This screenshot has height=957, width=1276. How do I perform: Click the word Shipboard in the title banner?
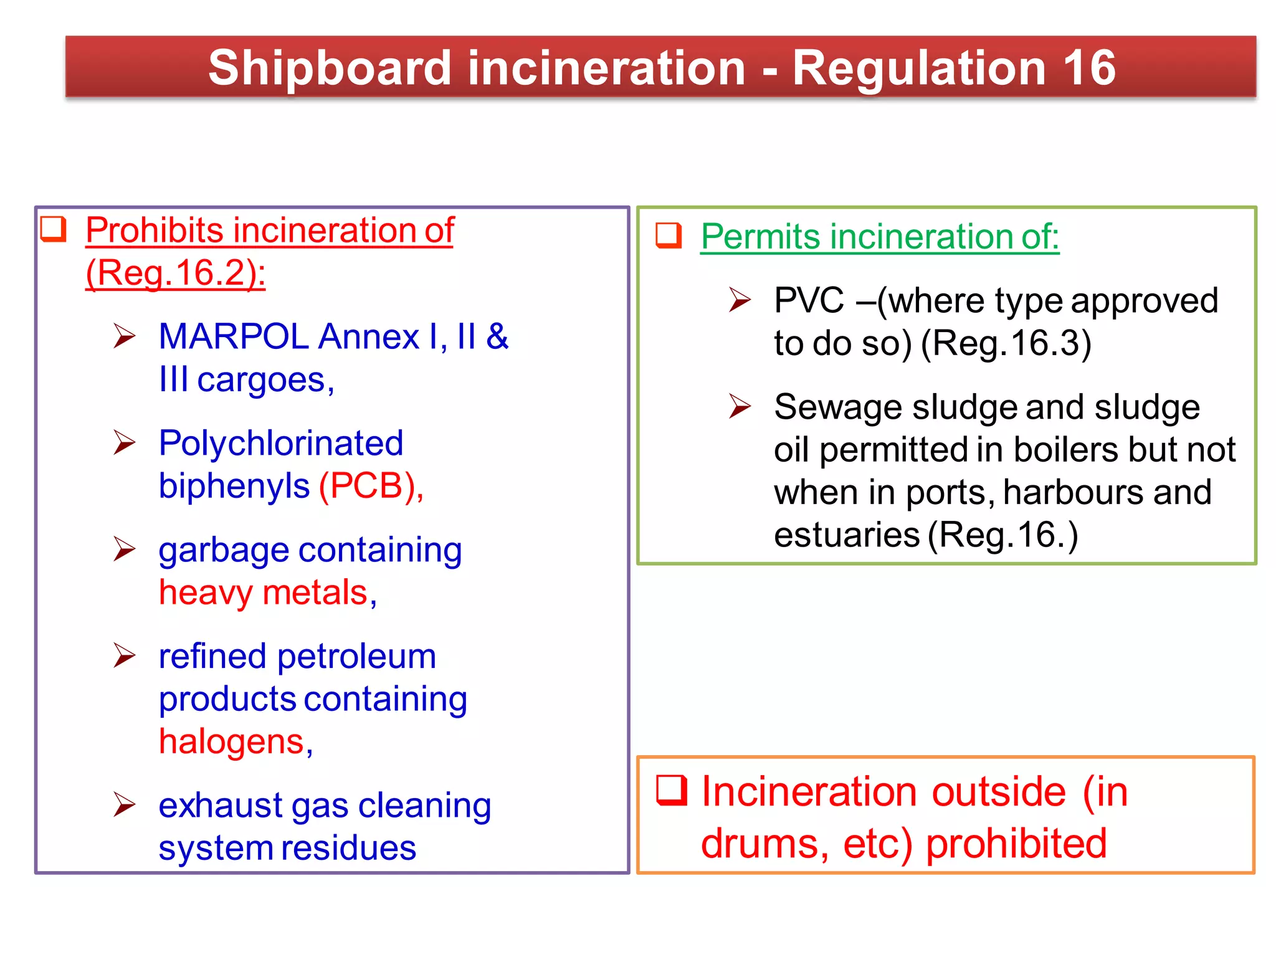pos(329,69)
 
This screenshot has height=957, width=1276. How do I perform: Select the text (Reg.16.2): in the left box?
pos(175,273)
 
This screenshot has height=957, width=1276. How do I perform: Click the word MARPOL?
pos(234,337)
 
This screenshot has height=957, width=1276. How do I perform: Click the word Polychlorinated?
pos(281,444)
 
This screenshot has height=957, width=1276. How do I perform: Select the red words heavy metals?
pos(268,593)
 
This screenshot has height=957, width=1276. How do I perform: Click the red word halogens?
pos(236,741)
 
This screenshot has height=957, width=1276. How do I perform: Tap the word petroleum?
pos(356,657)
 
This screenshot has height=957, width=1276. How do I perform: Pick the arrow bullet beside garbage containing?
pos(125,549)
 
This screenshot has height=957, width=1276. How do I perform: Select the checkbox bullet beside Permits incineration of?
pos(669,236)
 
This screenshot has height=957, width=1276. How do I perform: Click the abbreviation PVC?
pos(809,301)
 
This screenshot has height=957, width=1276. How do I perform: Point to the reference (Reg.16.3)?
pos(1006,343)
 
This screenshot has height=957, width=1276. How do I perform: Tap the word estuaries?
pos(847,535)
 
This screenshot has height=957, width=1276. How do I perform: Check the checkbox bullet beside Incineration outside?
pos(672,791)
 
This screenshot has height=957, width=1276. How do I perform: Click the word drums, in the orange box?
pos(764,844)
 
